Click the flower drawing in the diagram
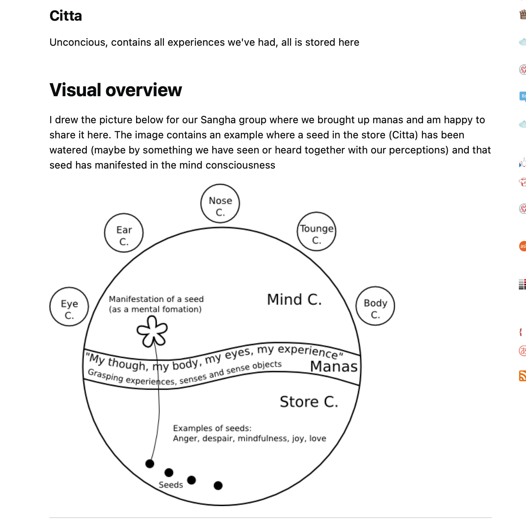[x=152, y=331]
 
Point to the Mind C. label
[x=294, y=299]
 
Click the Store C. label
[x=309, y=402]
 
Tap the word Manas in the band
[x=334, y=366]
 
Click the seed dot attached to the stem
[x=150, y=464]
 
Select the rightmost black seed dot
[x=218, y=485]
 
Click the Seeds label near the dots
[x=171, y=485]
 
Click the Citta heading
[x=66, y=16]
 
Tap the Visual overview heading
[x=115, y=90]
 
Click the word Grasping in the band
[x=105, y=375]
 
